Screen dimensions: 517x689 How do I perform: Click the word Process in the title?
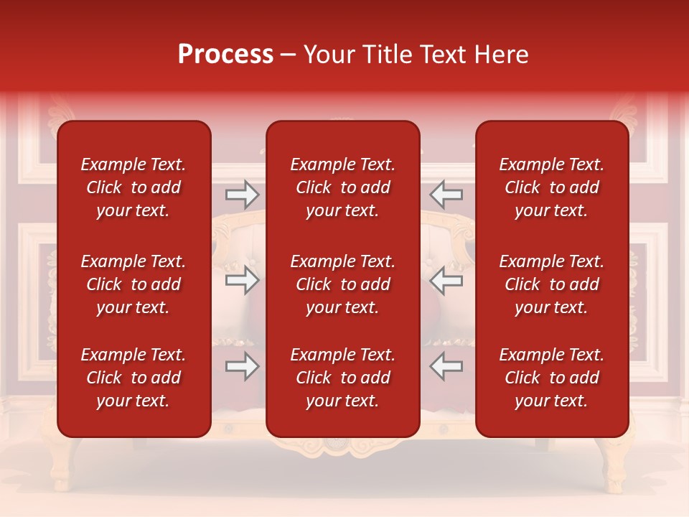point(225,55)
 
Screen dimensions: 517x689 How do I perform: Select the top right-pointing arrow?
point(242,195)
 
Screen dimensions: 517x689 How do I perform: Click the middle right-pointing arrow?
point(242,280)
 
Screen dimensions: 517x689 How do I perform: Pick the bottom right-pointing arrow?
point(242,366)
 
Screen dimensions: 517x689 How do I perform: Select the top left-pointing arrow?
point(446,195)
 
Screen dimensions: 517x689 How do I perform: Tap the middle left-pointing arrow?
point(446,280)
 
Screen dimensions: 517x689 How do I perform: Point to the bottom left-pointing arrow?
point(446,366)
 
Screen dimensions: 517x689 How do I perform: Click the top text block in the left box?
point(133,187)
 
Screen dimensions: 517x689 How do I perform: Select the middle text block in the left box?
point(133,284)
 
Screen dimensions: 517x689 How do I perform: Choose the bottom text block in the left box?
point(133,378)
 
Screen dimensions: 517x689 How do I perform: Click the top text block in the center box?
point(342,187)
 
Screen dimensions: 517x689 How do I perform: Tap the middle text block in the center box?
point(342,284)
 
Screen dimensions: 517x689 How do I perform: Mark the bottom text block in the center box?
point(342,378)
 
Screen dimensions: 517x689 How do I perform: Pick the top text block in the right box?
point(551,187)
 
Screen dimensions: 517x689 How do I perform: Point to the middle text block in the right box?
point(551,284)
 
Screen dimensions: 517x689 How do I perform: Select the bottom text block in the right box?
point(551,378)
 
